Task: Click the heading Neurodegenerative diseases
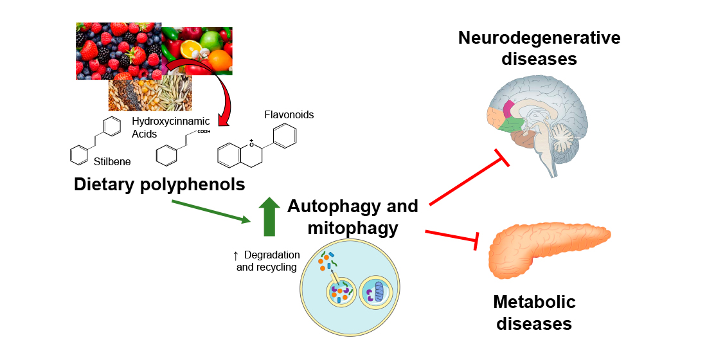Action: tap(539, 48)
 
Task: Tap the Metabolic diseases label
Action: tap(533, 312)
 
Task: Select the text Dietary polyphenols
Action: tap(159, 184)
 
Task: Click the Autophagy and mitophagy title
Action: tap(352, 217)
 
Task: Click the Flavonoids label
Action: tap(289, 114)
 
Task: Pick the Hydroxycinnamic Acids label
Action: tap(162, 127)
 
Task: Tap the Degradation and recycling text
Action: tap(267, 261)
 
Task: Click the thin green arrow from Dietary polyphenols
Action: tap(211, 212)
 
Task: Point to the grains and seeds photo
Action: tap(150, 94)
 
